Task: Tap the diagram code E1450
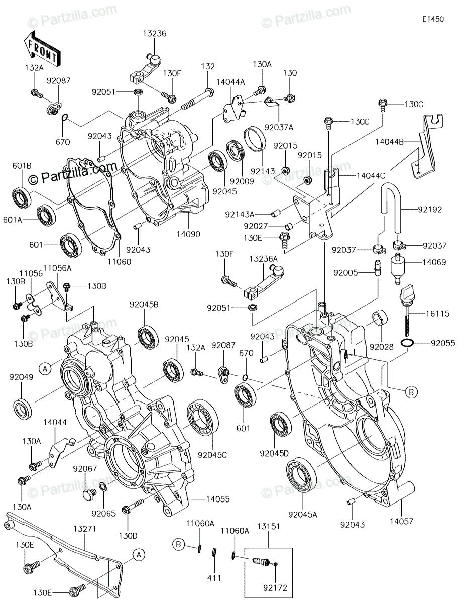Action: point(433,20)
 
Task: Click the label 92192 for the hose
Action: point(429,210)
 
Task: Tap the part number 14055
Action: point(217,499)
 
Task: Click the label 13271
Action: point(85,529)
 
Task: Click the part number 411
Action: point(214,578)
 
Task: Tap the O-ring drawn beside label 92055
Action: point(407,343)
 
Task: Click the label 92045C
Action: point(212,455)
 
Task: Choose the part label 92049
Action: point(21,377)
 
